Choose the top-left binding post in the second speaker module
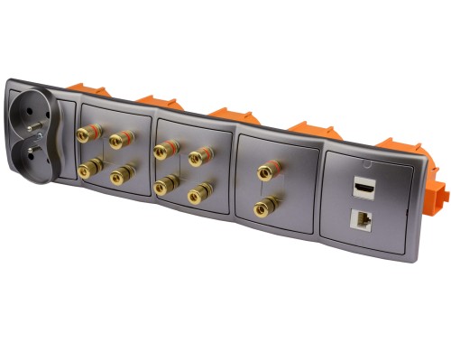162,149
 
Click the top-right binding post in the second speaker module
198,156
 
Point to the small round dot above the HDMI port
365,164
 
